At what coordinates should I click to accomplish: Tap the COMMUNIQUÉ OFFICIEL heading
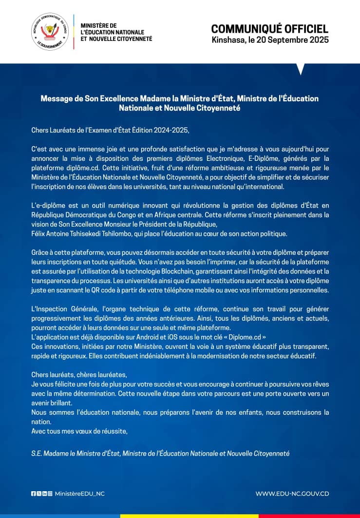pyautogui.click(x=270, y=29)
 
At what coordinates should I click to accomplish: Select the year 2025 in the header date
pyautogui.click(x=320, y=40)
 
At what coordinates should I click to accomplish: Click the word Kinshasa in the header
pyautogui.click(x=227, y=40)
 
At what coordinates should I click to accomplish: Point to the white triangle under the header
pyautogui.click(x=300, y=68)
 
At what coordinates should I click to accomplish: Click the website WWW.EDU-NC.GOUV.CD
pyautogui.click(x=292, y=494)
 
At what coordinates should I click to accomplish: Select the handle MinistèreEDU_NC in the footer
pyautogui.click(x=79, y=494)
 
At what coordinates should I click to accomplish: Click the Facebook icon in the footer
pyautogui.click(x=33, y=494)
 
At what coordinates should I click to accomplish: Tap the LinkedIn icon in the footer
pyautogui.click(x=44, y=494)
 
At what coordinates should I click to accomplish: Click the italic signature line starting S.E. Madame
pyautogui.click(x=160, y=453)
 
